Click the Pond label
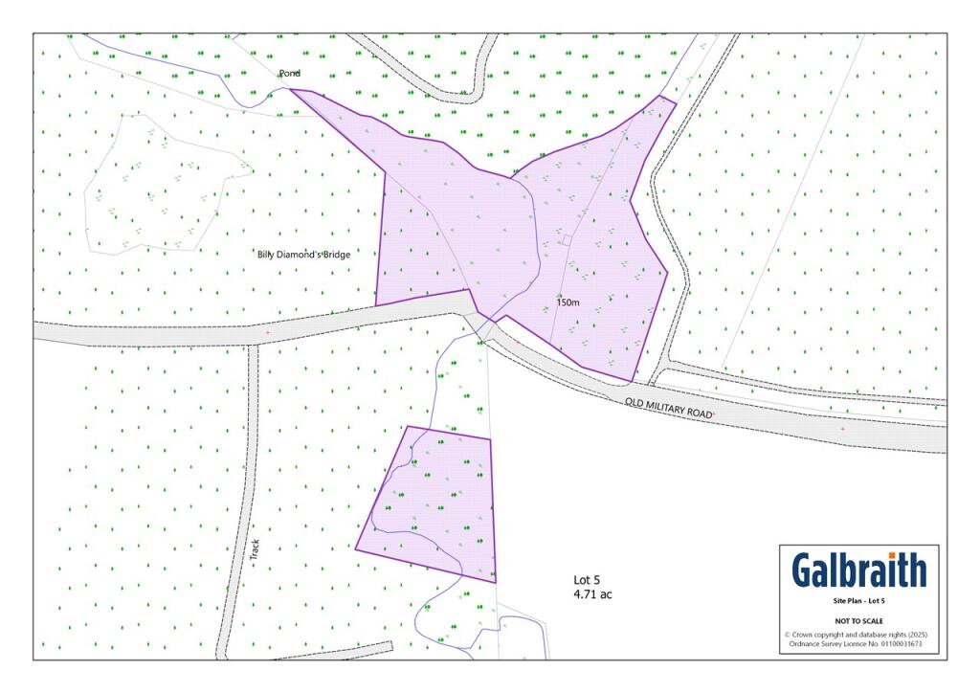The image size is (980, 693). point(289,74)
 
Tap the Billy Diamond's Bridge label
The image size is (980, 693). point(303,255)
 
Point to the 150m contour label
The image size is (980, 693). point(568,302)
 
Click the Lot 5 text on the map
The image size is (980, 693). point(587,580)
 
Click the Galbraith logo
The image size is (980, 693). point(858,570)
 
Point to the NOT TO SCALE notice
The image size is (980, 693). point(858,621)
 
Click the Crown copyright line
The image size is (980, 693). point(858,635)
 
